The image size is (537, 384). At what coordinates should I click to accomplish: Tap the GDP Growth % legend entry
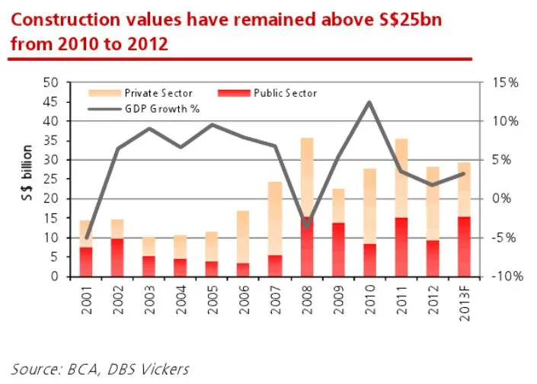[161, 109]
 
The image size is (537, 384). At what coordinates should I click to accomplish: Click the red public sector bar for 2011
[401, 247]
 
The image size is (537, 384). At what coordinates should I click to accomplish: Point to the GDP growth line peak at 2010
[369, 102]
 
